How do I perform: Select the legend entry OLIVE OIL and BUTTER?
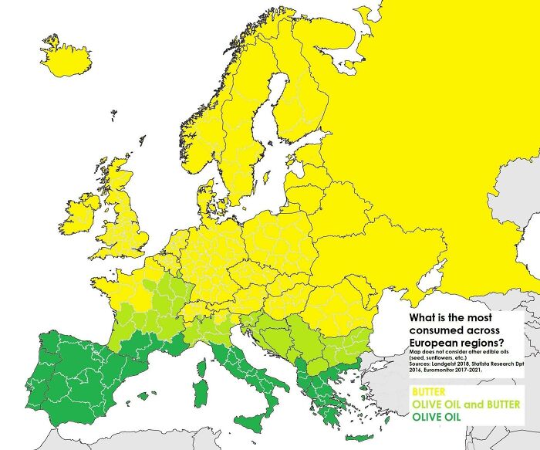466,404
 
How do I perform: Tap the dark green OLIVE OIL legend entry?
440,417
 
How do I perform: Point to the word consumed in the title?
439,330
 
